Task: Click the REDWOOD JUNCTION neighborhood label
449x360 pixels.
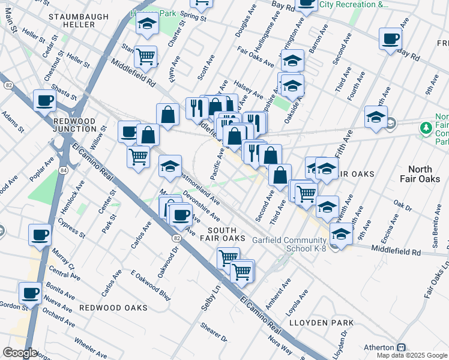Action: coord(74,125)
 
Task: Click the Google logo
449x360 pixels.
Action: coord(20,353)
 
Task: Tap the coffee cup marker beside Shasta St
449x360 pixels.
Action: coord(44,101)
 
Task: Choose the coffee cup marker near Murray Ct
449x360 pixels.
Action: coord(40,234)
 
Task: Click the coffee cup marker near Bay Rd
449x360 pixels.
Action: coord(391,39)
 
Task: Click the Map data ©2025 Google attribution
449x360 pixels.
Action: coord(412,355)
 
